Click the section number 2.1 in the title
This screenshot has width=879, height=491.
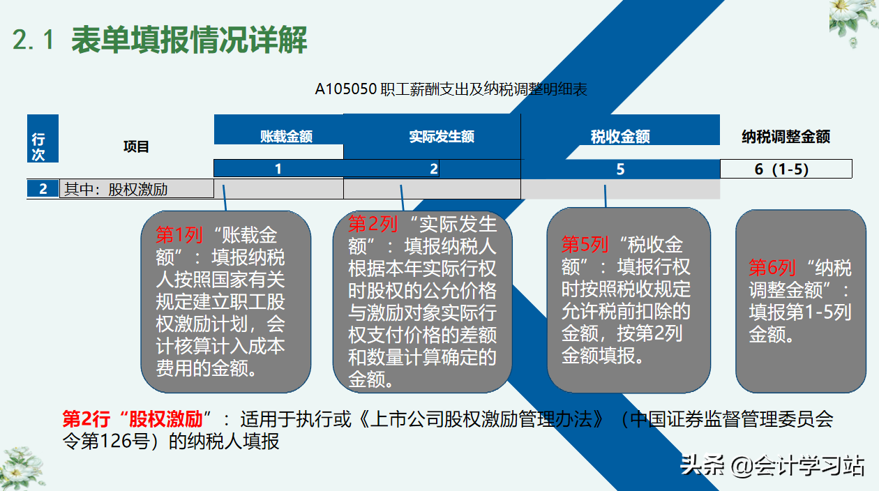33,40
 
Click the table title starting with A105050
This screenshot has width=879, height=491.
451,90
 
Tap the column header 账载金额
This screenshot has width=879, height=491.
286,137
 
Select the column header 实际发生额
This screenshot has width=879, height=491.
442,137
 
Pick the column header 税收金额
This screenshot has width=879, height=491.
620,137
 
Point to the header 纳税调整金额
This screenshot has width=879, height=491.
786,137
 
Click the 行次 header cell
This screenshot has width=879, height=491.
38,148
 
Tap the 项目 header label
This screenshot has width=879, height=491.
137,146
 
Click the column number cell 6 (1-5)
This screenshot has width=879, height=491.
786,169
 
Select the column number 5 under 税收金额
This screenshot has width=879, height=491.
620,169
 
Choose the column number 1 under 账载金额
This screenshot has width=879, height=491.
278,169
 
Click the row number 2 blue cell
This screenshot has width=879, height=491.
43,188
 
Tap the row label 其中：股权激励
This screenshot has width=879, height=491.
117,189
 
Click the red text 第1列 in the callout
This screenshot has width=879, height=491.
179,235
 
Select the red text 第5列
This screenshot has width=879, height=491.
585,245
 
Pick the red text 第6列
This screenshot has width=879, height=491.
772,267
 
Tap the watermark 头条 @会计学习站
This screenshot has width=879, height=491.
773,465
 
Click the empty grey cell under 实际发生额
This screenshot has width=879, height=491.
432,189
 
